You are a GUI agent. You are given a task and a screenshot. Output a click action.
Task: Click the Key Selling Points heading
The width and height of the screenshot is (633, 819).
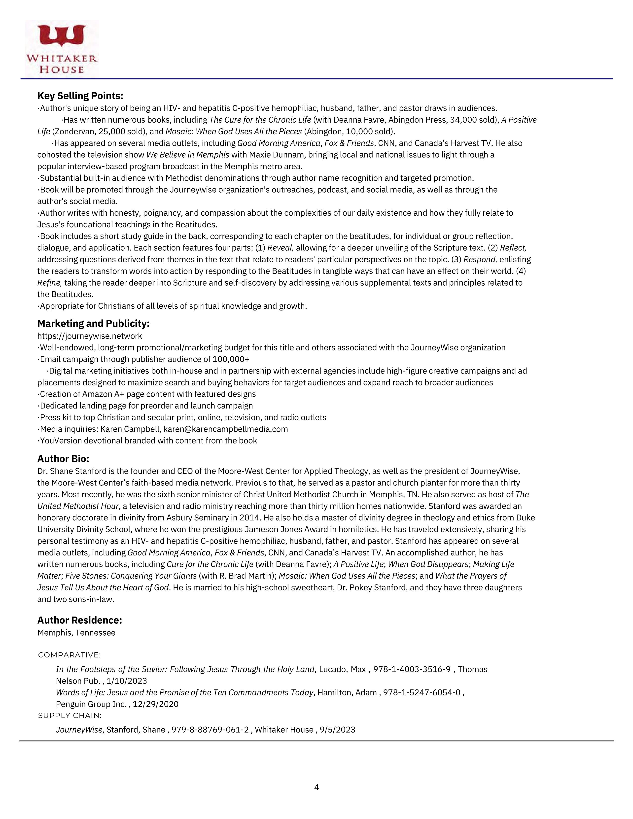coord(80,96)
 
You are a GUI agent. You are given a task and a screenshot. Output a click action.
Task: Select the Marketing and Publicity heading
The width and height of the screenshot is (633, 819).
coord(93,323)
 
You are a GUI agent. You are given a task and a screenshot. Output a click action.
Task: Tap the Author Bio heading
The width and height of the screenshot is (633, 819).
coord(63,459)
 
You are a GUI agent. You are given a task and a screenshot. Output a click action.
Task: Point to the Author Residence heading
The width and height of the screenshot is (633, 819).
coord(79,620)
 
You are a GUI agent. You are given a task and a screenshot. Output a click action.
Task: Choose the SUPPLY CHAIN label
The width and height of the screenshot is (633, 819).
coord(70,716)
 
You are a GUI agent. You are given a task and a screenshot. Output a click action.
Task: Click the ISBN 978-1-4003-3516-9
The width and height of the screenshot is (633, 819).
coord(412,669)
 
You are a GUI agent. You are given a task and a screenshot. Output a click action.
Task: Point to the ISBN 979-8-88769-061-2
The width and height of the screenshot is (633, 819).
coord(210,729)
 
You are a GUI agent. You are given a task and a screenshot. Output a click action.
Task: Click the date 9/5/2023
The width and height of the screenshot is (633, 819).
coord(338,729)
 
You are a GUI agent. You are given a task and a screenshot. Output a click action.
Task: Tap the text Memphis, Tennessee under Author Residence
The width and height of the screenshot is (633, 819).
coord(76,633)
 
